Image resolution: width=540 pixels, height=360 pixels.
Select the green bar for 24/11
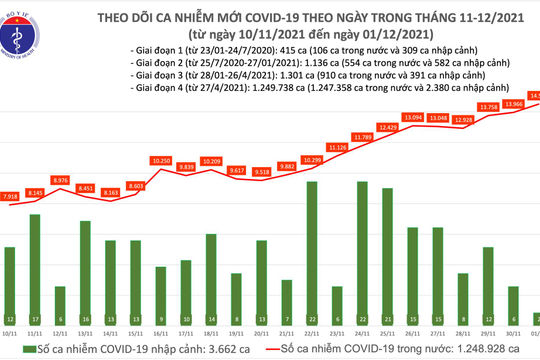click(x=361, y=250)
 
